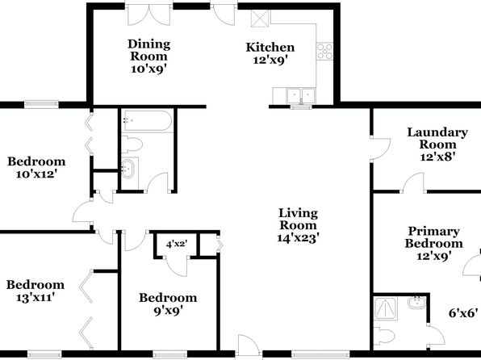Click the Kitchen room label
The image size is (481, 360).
click(270, 48)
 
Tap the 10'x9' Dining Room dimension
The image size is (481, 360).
click(148, 69)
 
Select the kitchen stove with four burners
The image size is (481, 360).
click(324, 51)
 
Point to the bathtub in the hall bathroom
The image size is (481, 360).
click(147, 121)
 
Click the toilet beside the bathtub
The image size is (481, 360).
click(132, 144)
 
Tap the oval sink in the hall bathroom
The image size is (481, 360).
click(128, 168)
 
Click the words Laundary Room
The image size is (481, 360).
click(437, 138)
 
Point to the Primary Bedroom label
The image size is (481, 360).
click(433, 237)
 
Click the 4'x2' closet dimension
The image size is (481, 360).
click(177, 245)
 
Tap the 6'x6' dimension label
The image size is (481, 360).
click(463, 313)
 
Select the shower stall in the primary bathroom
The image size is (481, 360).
click(386, 308)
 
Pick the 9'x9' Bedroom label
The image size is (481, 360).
click(168, 303)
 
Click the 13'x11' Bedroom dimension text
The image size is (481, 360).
click(36, 297)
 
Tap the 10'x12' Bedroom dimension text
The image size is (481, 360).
click(36, 174)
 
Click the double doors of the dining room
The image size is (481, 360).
click(149, 15)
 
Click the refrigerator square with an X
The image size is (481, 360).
click(260, 19)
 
